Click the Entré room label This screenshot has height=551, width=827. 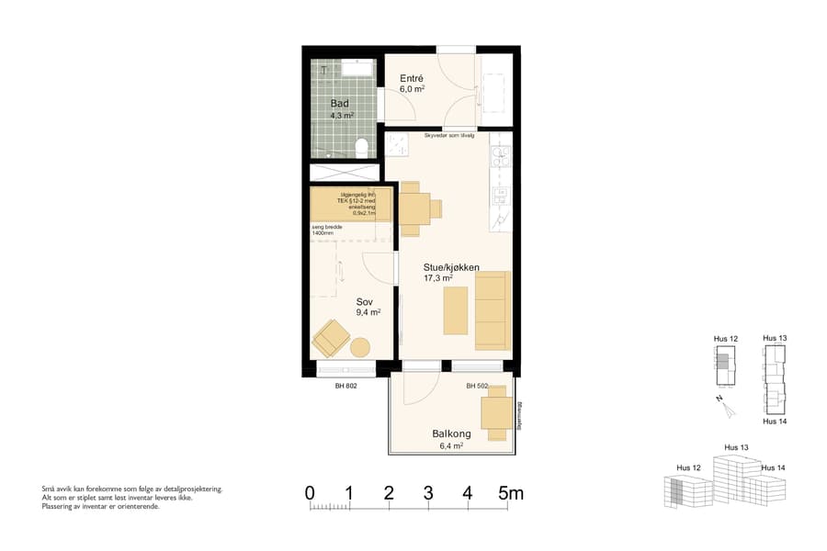(411, 80)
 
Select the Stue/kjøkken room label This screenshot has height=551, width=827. (451, 267)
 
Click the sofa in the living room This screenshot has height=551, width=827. (492, 310)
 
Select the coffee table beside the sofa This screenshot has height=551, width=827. (456, 310)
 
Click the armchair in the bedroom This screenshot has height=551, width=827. (330, 339)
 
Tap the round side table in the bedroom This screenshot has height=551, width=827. (359, 348)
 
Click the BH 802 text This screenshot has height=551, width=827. (346, 387)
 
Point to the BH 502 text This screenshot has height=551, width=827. (476, 387)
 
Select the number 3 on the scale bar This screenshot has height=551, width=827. (428, 493)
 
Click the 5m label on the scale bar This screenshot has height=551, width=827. (511, 493)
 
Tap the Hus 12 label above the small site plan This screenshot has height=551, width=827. (726, 339)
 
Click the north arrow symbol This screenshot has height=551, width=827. (724, 402)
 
